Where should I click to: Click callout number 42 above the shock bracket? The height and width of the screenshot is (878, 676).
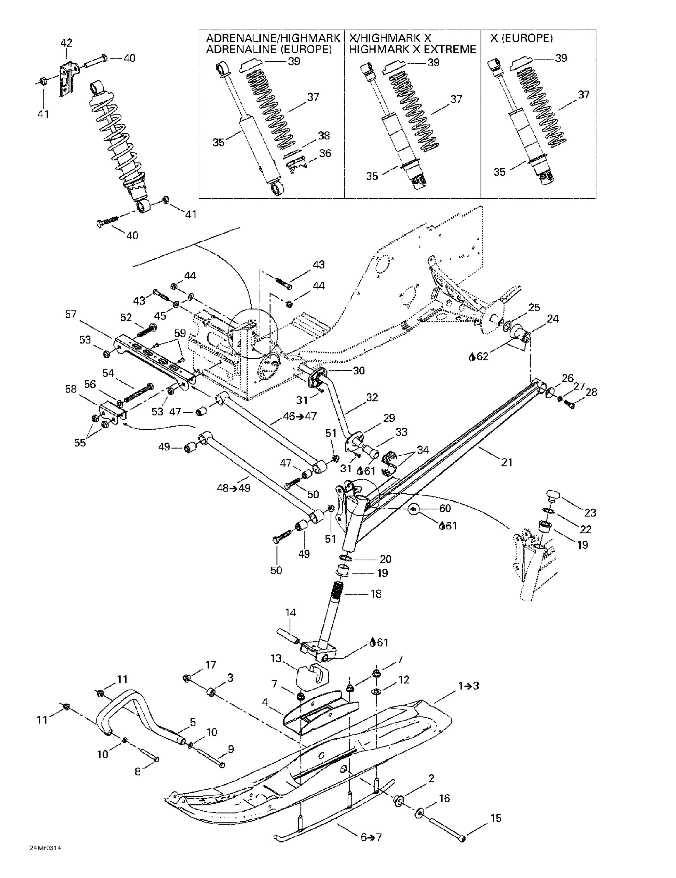click(x=66, y=43)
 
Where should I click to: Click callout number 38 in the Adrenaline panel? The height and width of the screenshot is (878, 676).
click(x=324, y=136)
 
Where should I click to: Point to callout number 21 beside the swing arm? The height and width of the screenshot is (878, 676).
click(x=507, y=462)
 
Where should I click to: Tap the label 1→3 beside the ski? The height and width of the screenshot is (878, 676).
click(x=468, y=686)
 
